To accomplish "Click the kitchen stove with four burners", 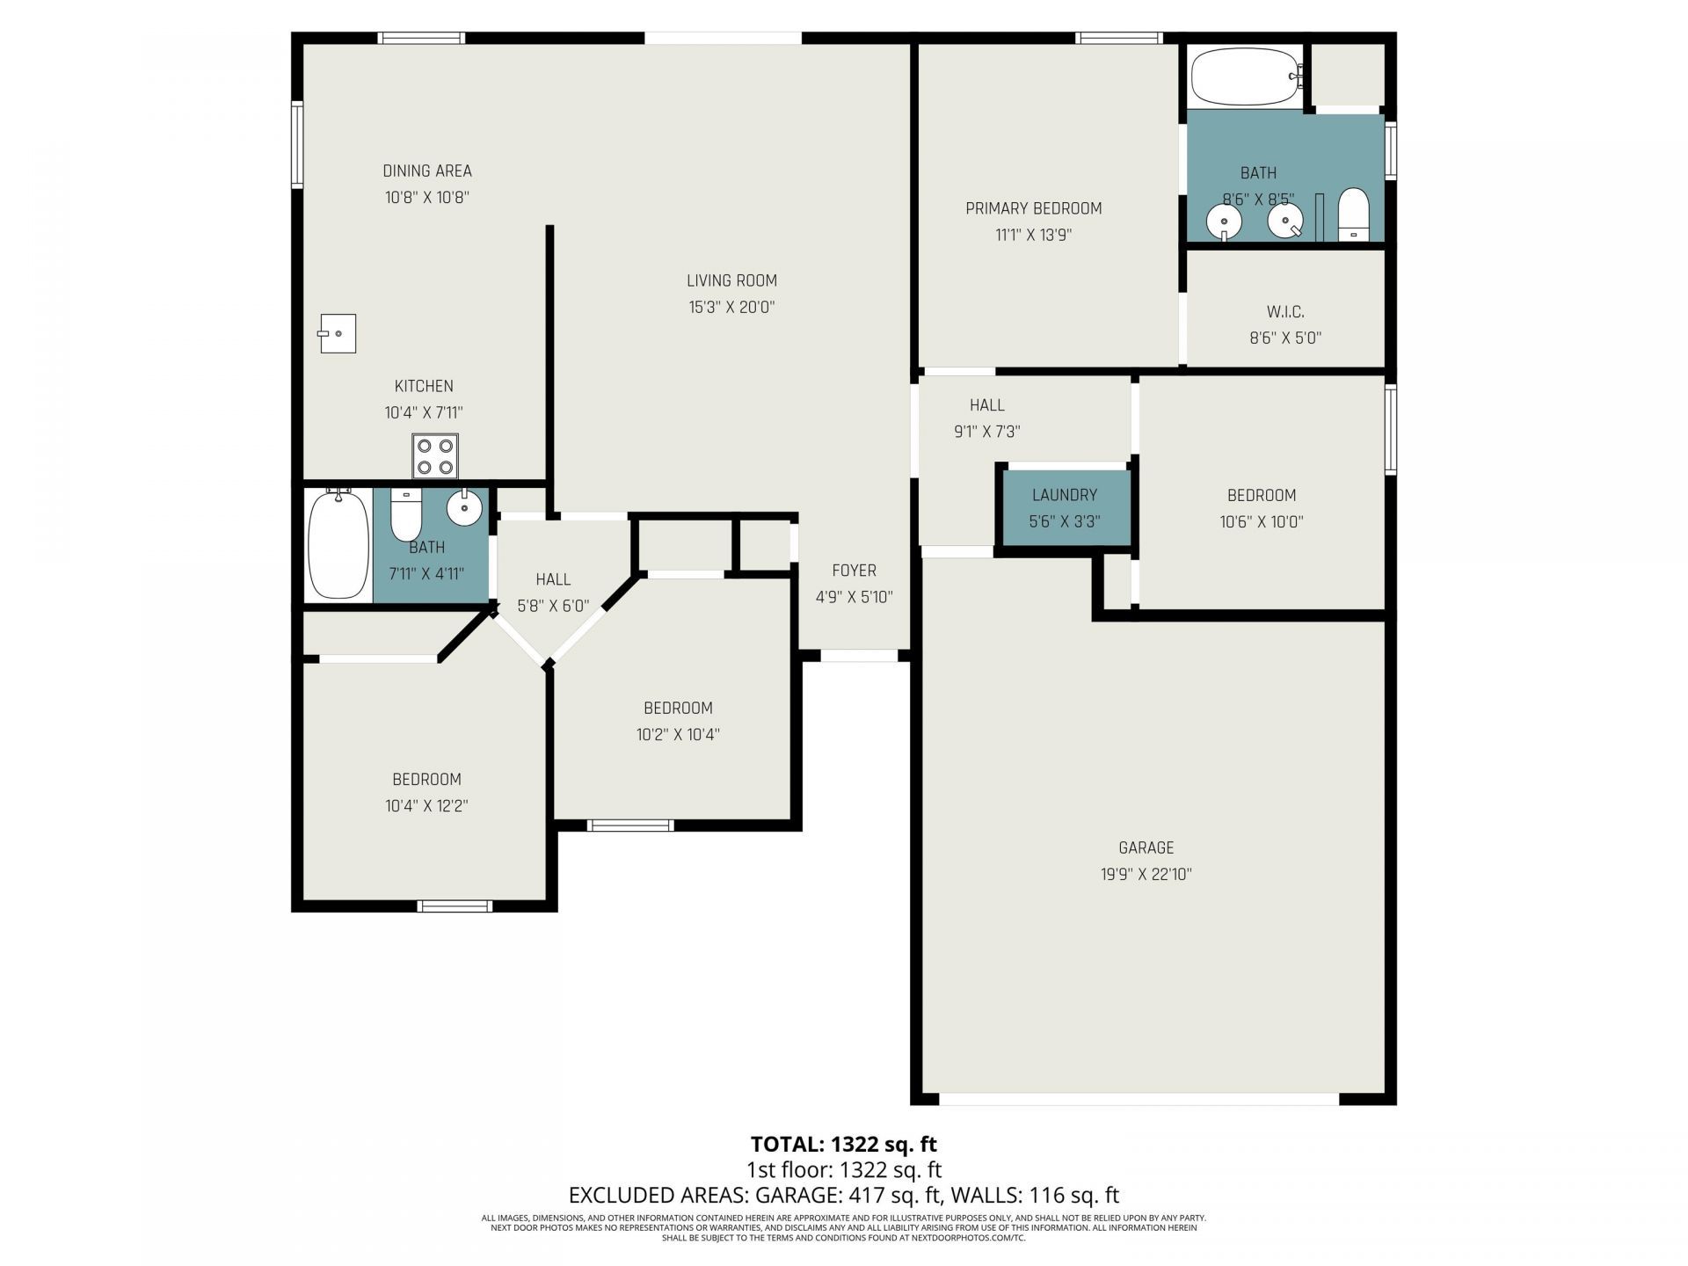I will tap(435, 456).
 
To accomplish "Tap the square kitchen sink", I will tap(338, 333).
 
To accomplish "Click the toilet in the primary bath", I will tap(1353, 214).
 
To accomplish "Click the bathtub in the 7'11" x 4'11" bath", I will tap(338, 544).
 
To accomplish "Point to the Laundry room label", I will tap(1064, 495).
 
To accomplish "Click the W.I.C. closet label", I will tap(1284, 311).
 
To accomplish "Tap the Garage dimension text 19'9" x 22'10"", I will tap(1146, 874).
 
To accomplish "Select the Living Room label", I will tap(731, 280).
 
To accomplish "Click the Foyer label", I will tap(854, 571).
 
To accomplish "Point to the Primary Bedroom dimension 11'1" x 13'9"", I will tap(1033, 235).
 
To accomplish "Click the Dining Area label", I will tap(427, 171).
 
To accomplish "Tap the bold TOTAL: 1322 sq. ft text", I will tap(843, 1144).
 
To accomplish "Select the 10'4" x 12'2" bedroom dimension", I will tap(426, 805).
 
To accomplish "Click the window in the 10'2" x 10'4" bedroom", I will tap(630, 825).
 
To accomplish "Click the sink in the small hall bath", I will tap(464, 507).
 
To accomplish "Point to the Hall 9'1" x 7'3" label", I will tap(986, 405).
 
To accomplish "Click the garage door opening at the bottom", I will tap(1139, 1099).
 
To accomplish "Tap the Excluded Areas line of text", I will tap(843, 1195).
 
